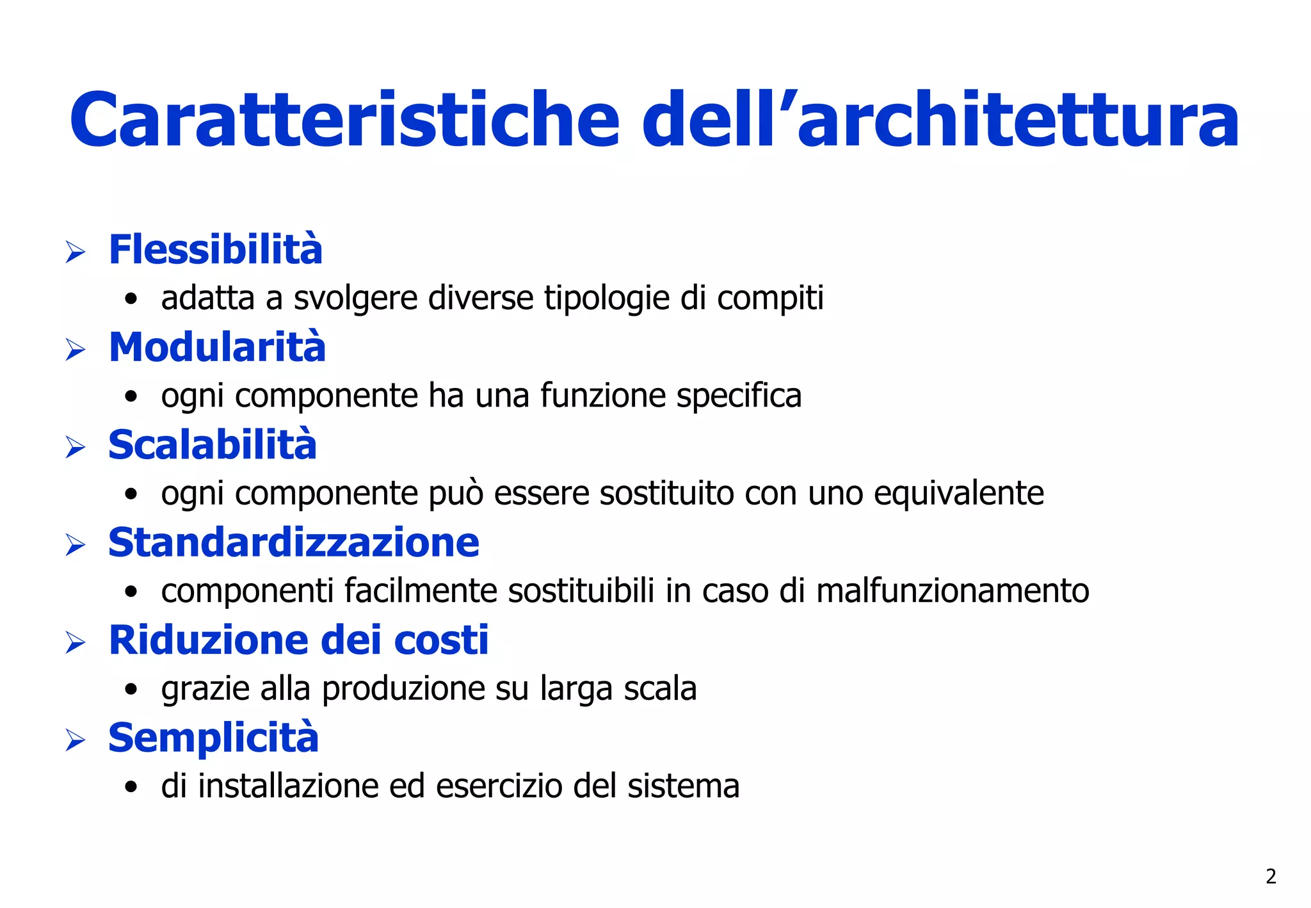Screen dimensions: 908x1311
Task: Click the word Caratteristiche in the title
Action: tap(344, 120)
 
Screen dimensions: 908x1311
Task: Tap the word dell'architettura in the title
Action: tap(940, 120)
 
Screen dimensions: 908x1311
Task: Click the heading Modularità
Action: tap(217, 347)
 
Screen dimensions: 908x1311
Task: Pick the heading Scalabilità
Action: tap(213, 445)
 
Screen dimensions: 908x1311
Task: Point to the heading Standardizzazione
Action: tap(294, 543)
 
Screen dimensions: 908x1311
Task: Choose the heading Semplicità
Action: tap(213, 738)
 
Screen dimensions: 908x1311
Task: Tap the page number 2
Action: tap(1271, 876)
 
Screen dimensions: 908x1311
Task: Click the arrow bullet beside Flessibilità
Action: tap(76, 252)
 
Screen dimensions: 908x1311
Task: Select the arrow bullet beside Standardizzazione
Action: tap(76, 545)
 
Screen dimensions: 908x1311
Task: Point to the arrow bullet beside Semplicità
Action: tap(76, 740)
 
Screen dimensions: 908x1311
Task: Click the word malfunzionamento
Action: tap(953, 591)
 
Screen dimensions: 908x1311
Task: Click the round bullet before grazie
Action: tap(131, 690)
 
